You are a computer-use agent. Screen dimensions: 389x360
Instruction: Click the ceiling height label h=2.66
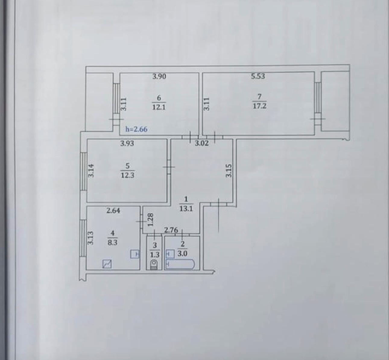click(136, 130)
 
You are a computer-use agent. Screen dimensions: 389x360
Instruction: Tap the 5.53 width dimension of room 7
click(258, 76)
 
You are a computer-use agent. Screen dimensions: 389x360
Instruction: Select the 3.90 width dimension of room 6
click(159, 76)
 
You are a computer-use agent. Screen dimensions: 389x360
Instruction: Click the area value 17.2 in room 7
click(259, 106)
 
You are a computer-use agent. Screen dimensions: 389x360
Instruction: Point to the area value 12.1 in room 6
click(159, 107)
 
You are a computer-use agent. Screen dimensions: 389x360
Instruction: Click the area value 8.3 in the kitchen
click(112, 243)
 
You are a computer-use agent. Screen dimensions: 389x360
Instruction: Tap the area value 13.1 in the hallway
click(186, 209)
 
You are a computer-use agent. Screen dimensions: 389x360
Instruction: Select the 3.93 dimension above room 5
click(127, 143)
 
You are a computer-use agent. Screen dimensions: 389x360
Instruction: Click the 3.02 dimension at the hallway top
click(202, 143)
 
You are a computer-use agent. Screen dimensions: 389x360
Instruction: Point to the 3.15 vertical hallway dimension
click(229, 171)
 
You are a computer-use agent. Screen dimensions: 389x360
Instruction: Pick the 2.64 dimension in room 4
click(113, 211)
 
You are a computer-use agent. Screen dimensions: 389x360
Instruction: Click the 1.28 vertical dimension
click(150, 220)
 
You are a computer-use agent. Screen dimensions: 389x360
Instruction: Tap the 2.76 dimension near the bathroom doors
click(171, 230)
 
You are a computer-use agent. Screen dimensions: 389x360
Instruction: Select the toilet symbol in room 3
click(154, 265)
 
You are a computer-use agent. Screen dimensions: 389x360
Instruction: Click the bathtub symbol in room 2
click(180, 264)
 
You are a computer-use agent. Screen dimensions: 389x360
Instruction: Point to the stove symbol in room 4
click(107, 264)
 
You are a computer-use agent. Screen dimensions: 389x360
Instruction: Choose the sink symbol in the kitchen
click(135, 254)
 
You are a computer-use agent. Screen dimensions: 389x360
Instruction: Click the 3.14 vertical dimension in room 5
click(91, 171)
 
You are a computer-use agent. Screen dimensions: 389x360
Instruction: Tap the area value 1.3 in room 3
click(155, 255)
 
